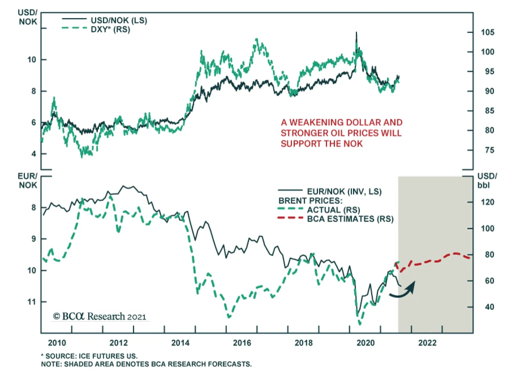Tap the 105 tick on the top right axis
coord(487,32)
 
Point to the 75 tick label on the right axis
coord(489,150)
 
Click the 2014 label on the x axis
coord(180,343)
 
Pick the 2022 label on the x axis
coord(427,343)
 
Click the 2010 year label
coord(57,343)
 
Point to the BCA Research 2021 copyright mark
coord(100,316)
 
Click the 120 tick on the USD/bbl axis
coord(487,202)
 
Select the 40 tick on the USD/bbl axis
coord(489,307)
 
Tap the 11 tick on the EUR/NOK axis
coord(32,302)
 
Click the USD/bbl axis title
coord(487,180)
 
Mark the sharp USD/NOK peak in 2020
coord(356,33)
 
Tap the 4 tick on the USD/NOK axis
coord(34,154)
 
